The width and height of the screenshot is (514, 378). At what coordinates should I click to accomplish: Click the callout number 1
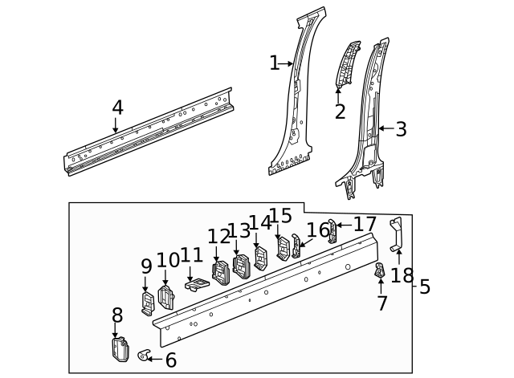point(274,63)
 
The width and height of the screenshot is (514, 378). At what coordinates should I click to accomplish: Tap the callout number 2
point(340,112)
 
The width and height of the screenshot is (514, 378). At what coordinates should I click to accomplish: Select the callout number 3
point(401,128)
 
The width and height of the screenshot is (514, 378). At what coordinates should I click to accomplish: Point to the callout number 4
point(117,108)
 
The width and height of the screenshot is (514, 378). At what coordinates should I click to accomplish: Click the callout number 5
point(425,287)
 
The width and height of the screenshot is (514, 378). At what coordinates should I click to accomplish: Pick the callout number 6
point(170,360)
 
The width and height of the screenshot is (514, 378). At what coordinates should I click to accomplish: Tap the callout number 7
point(382,303)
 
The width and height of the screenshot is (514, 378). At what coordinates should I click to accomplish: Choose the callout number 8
point(117,315)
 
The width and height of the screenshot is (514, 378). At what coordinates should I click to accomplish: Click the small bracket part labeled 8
point(119,350)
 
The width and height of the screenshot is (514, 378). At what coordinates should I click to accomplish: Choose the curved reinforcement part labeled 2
point(346,63)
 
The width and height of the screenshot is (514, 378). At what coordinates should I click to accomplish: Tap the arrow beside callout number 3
point(383,128)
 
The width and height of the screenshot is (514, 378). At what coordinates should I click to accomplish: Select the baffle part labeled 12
point(219,272)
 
